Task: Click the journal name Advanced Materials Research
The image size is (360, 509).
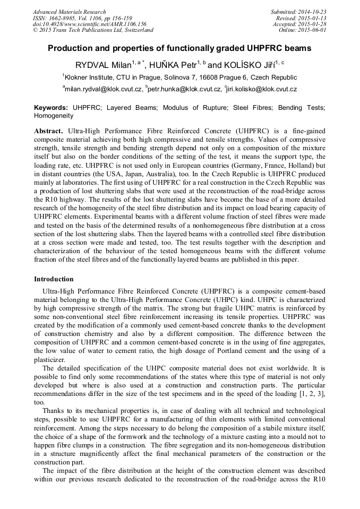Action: click(x=69, y=12)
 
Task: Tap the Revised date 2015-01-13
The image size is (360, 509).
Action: click(x=314, y=18)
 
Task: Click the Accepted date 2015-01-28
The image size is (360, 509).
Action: click(x=314, y=24)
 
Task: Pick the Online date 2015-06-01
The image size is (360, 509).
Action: click(x=314, y=30)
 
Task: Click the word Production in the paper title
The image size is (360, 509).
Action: click(x=70, y=48)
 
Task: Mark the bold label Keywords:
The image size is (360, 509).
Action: click(x=51, y=107)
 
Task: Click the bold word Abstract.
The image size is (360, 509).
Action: click(x=48, y=131)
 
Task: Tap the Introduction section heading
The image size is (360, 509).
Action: click(x=54, y=279)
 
